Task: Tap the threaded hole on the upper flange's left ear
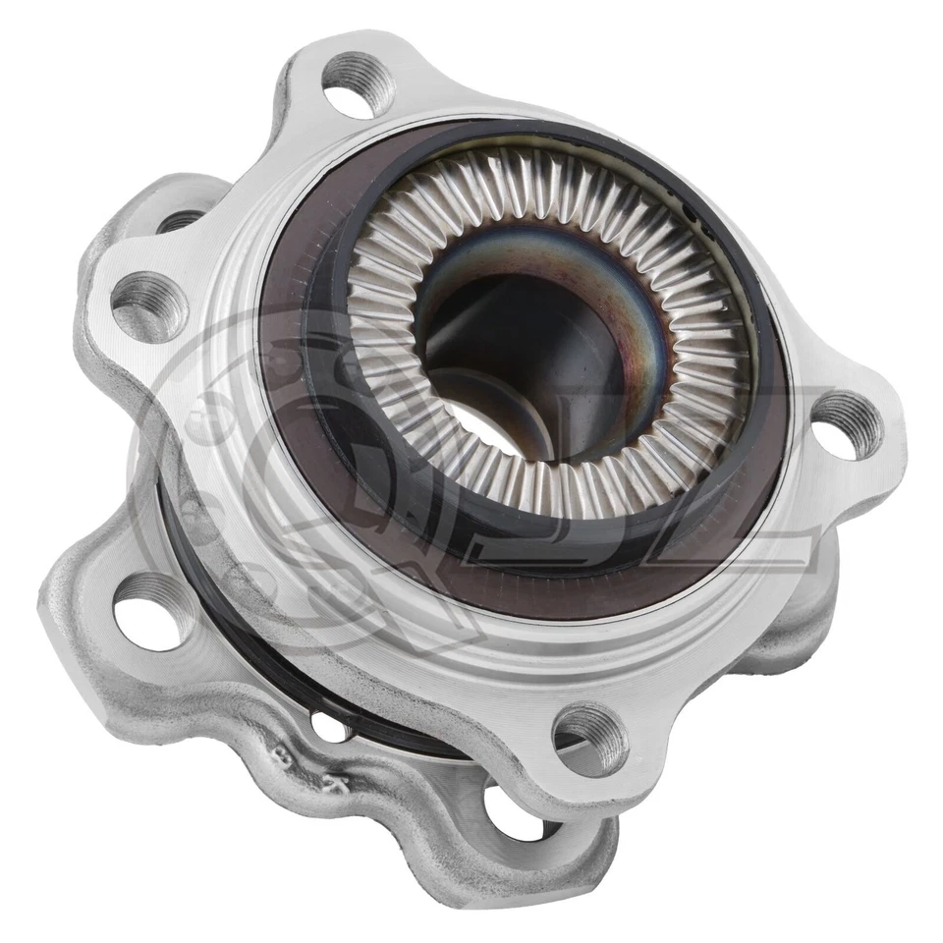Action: coord(149,305)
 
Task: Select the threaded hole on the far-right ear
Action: coord(846,424)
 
